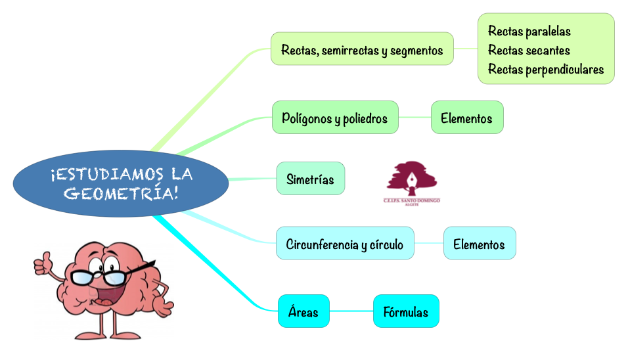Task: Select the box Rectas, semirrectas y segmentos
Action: pos(362,49)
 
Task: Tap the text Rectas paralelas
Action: pos(529,31)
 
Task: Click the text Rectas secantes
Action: pos(529,50)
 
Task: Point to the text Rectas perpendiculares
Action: pos(545,69)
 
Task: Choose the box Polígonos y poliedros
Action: pos(335,118)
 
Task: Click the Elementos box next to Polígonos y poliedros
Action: pos(466,118)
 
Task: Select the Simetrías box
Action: pos(310,179)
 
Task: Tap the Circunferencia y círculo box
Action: pos(344,244)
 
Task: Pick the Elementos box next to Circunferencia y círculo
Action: pos(479,244)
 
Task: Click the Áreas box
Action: pos(303,311)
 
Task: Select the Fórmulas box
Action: pos(405,312)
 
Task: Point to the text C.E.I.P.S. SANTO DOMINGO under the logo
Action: pos(411,200)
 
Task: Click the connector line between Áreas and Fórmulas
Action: pos(351,311)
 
